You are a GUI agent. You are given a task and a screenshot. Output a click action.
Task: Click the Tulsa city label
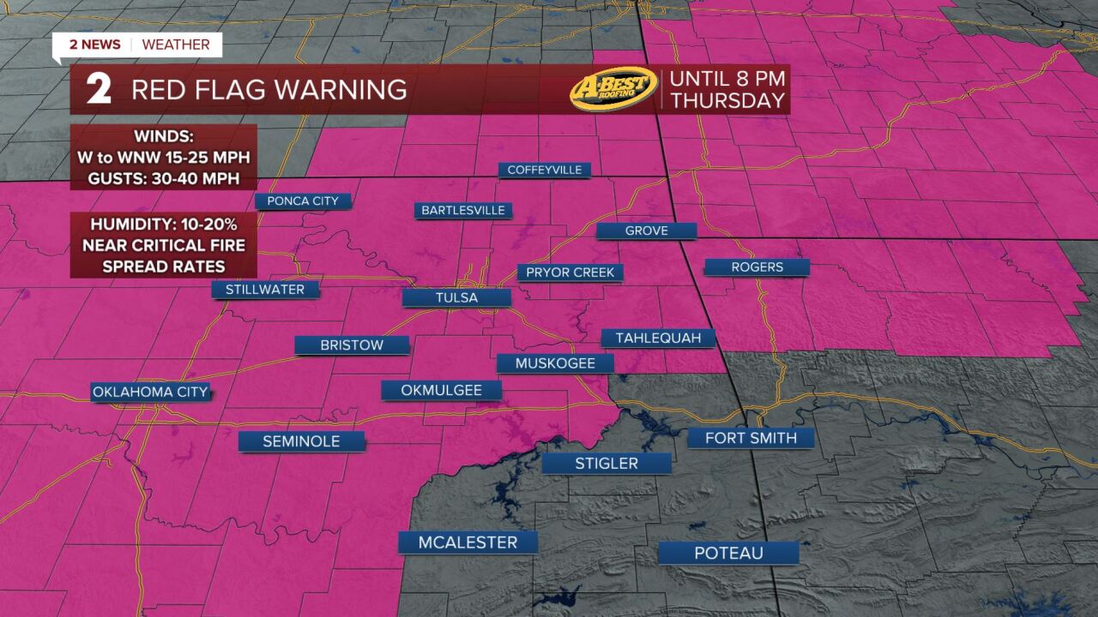pos(456,297)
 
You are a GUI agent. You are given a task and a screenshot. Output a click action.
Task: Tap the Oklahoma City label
pos(150,392)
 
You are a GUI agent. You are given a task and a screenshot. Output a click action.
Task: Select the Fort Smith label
pos(751,438)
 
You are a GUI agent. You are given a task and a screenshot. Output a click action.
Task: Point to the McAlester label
pos(468,542)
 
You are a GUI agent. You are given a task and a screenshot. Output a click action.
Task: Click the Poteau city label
pos(728,553)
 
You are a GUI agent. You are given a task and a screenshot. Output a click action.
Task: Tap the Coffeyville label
pos(545,170)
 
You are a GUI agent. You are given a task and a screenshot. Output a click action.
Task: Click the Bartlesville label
pos(463,210)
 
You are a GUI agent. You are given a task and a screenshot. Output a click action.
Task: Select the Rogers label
pos(757,267)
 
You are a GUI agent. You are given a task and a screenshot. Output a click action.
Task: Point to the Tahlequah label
pos(658,338)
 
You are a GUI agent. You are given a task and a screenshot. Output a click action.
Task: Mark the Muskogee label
pos(555,363)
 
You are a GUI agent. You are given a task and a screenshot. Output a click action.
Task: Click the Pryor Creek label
pos(570,273)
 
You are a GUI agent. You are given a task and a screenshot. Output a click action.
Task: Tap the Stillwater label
pos(265,290)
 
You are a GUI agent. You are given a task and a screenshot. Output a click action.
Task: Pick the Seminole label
pos(301,441)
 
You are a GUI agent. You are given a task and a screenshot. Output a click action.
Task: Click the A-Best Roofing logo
pos(613,89)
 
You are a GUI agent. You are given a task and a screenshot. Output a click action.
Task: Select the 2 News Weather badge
pos(137,45)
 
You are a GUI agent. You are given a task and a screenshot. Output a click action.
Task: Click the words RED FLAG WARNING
pos(268,90)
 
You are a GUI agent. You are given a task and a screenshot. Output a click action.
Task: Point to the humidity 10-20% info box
pos(163,245)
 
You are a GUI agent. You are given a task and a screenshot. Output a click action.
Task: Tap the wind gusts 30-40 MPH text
pos(163,180)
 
